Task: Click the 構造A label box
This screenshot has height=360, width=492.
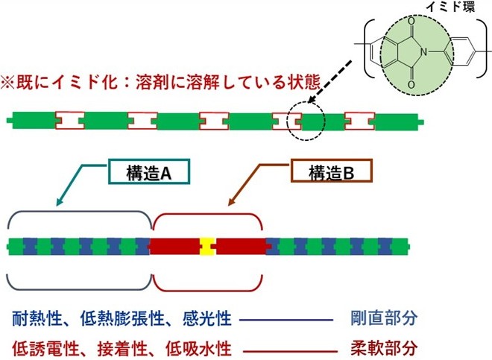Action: (x=151, y=173)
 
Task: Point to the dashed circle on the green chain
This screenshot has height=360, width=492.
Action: (x=304, y=119)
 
